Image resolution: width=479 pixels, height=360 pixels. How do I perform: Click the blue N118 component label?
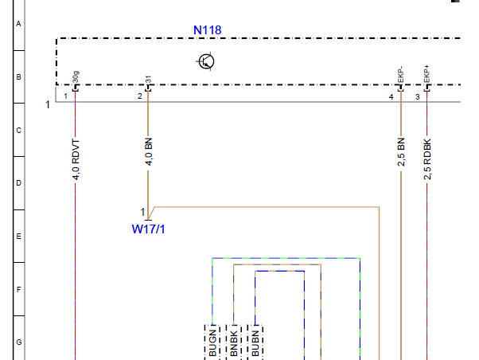pos(208,30)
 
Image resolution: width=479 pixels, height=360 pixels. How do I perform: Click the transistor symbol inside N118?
pos(206,61)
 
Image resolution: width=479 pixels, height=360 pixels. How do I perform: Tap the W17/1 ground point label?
pos(148,229)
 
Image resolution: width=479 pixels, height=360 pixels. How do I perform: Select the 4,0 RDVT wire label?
pos(76,159)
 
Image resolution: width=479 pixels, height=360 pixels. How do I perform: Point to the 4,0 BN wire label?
pos(149,151)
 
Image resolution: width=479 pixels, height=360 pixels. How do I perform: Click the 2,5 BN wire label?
pos(401,152)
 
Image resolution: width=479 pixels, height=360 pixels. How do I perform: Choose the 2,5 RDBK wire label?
pos(427,159)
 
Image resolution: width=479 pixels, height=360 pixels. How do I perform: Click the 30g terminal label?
pos(76,77)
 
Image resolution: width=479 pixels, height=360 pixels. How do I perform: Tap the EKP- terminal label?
pos(400,75)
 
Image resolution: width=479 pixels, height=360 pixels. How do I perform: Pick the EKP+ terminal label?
pos(426,74)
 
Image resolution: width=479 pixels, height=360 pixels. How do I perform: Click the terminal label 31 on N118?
pos(149,80)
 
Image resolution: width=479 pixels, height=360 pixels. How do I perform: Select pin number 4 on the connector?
pos(391,97)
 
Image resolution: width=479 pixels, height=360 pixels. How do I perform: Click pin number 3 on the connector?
pos(418,97)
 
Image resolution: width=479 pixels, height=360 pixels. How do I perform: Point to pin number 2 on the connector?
pos(140,96)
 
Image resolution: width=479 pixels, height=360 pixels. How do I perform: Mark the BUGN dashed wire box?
pos(212,342)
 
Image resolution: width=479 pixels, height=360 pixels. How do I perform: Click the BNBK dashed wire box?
pos(234,342)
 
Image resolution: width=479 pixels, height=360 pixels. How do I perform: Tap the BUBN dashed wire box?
pos(255,342)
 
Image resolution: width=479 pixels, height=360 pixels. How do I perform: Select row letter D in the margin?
pos(19,183)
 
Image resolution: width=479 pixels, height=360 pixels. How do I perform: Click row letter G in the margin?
pos(19,342)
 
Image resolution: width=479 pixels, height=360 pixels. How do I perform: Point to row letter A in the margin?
pos(18,24)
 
